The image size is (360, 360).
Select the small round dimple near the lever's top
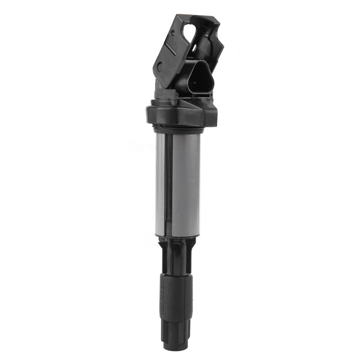tap(173, 33)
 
